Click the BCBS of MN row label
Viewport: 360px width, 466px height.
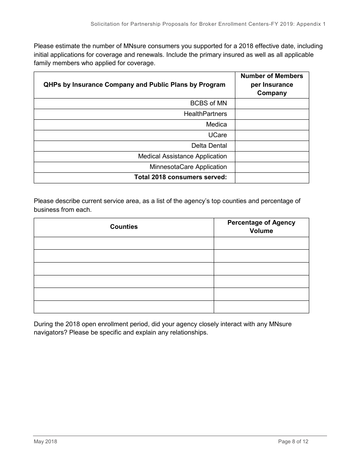208,103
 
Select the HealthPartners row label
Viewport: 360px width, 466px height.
205,114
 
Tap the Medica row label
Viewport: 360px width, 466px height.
216,125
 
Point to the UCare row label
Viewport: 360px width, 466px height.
218,135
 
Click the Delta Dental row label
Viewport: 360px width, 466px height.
209,146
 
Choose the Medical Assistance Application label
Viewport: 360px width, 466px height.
182,156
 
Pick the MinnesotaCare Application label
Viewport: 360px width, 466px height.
188,167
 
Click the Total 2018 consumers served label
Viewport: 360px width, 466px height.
180,177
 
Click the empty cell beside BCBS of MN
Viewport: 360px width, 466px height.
272,103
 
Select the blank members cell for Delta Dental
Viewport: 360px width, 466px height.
272,146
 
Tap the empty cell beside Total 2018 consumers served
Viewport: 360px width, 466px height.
272,178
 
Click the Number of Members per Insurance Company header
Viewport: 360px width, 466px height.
272,84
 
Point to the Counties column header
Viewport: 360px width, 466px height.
124,227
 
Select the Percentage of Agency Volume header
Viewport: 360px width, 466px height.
261,227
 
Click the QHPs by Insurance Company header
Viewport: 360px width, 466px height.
134,85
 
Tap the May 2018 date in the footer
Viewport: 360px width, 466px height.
45,441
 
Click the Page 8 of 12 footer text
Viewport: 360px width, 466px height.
293,441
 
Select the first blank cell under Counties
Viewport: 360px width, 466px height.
124,243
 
